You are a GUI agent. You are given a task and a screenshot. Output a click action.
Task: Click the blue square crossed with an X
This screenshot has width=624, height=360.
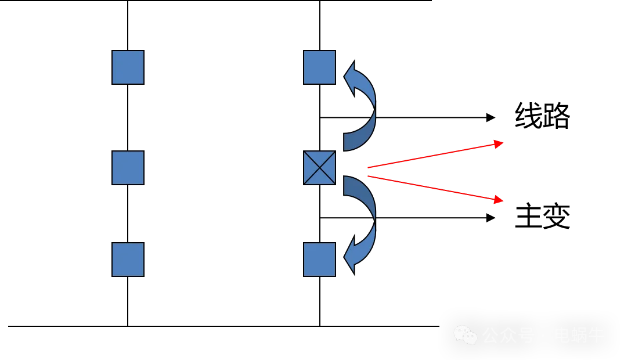point(319,168)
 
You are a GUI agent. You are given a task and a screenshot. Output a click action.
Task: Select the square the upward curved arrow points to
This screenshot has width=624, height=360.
point(319,67)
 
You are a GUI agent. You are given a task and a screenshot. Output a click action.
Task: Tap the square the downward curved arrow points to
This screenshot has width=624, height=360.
point(319,259)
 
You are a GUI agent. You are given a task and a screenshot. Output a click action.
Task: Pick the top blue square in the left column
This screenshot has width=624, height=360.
point(128,67)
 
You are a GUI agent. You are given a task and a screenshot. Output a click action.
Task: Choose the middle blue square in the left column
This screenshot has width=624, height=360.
point(128,168)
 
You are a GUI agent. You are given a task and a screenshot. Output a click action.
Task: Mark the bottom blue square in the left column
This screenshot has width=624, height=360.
point(128,259)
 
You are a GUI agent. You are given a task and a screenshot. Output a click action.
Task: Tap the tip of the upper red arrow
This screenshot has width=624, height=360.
point(499,143)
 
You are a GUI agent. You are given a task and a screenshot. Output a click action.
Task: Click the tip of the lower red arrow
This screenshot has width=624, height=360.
point(499,200)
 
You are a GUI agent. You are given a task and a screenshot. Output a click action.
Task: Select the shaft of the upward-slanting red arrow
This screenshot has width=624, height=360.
point(430,156)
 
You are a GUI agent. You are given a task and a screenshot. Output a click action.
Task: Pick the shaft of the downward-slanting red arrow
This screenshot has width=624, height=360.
point(430,188)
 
